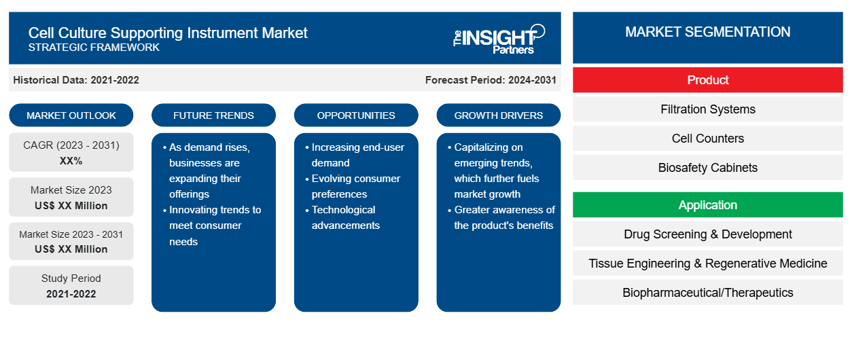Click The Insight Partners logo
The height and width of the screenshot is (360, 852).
click(499, 39)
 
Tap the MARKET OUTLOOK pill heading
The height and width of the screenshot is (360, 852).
click(71, 115)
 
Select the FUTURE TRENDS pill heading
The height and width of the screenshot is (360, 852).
click(213, 115)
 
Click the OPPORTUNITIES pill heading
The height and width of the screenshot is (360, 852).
click(356, 115)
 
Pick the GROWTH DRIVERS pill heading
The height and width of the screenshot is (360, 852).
click(498, 115)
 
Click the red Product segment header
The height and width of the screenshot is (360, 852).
click(708, 80)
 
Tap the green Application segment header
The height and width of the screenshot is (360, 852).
click(708, 205)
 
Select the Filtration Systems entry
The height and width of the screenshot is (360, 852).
click(708, 109)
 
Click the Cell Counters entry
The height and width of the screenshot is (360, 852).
click(708, 139)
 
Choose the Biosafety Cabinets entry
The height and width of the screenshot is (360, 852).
click(708, 168)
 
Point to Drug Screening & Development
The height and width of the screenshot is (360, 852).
click(708, 234)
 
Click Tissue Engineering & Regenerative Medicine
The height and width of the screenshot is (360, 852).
click(708, 264)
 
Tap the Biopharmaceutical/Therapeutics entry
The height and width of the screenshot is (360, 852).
click(708, 293)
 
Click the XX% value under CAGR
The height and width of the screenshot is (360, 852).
click(71, 161)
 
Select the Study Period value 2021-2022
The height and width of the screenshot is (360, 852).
click(71, 294)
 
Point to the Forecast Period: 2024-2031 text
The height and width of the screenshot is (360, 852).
click(491, 80)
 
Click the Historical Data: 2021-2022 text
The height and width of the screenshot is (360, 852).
click(76, 80)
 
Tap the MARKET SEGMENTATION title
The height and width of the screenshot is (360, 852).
click(708, 32)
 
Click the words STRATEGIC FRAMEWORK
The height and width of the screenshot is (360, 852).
click(94, 48)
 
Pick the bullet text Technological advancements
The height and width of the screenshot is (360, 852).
click(345, 217)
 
